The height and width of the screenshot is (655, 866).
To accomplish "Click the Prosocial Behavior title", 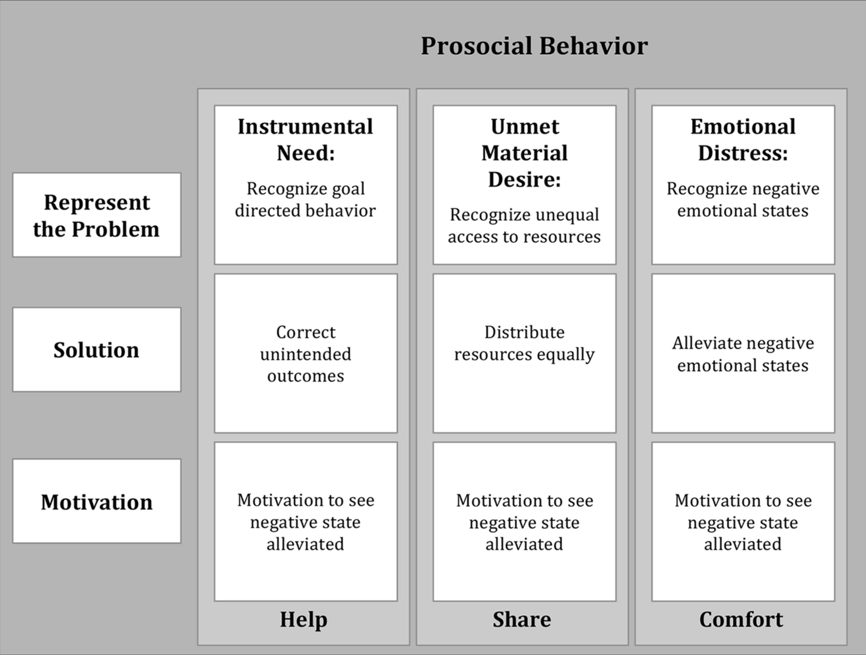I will (x=534, y=46).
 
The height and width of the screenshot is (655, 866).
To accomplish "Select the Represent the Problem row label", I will (x=97, y=215).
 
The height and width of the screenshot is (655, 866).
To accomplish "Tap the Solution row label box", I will (x=97, y=350).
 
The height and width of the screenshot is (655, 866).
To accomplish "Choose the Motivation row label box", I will (x=97, y=501).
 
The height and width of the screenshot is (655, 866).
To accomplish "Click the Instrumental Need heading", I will (x=306, y=139).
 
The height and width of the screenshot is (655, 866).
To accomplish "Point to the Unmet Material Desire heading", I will (x=524, y=153).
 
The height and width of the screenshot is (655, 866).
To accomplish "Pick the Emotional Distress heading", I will (x=743, y=139).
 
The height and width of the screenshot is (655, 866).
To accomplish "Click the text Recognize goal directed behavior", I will (x=306, y=200).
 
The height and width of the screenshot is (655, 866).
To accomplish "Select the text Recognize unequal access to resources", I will (x=524, y=226).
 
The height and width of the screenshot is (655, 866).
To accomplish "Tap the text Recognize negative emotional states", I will (x=743, y=200).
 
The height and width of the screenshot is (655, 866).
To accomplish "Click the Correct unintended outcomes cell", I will (x=306, y=354).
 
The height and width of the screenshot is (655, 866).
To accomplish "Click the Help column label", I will (x=303, y=620).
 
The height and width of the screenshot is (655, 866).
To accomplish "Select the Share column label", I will (x=522, y=620).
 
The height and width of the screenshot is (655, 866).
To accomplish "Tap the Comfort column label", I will (x=741, y=620).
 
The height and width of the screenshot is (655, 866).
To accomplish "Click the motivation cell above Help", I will (x=306, y=522).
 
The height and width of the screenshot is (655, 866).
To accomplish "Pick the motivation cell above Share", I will (x=524, y=522).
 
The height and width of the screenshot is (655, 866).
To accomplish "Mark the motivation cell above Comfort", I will (x=743, y=522).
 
